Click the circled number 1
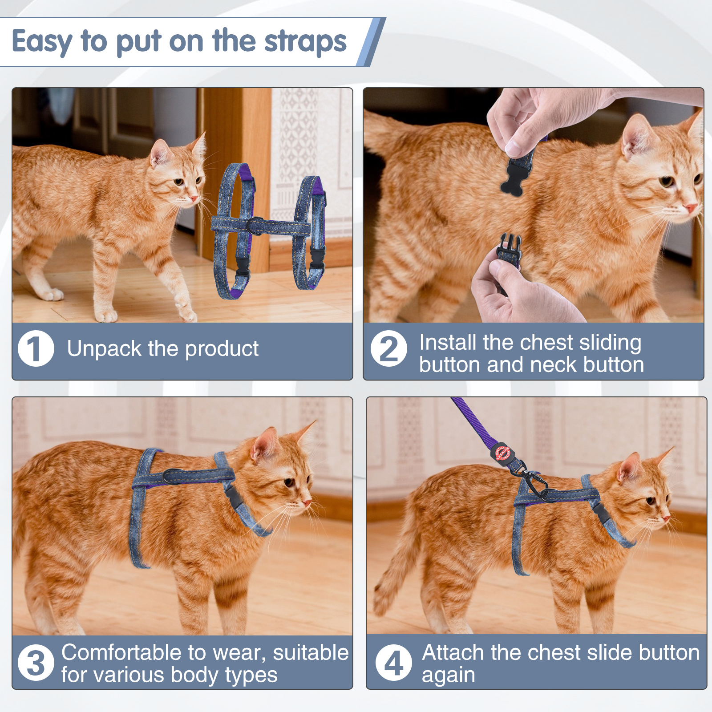pyautogui.click(x=36, y=348)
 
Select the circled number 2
pyautogui.click(x=388, y=348)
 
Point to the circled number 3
pyautogui.click(x=36, y=663)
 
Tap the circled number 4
pyautogui.click(x=393, y=663)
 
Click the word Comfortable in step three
pyautogui.click(x=121, y=653)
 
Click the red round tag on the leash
pyautogui.click(x=503, y=453)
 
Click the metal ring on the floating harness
pyautogui.click(x=255, y=225)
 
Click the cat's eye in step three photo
pyautogui.click(x=289, y=482)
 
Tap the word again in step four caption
pyautogui.click(x=448, y=676)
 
